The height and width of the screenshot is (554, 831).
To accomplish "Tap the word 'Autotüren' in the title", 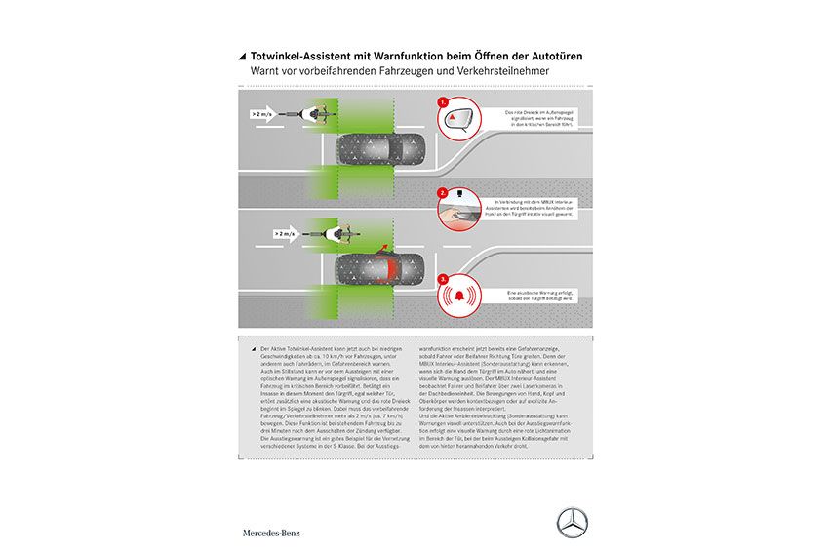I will pyautogui.click(x=557, y=57).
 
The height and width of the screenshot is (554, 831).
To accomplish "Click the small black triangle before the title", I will pyautogui.click(x=243, y=58).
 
